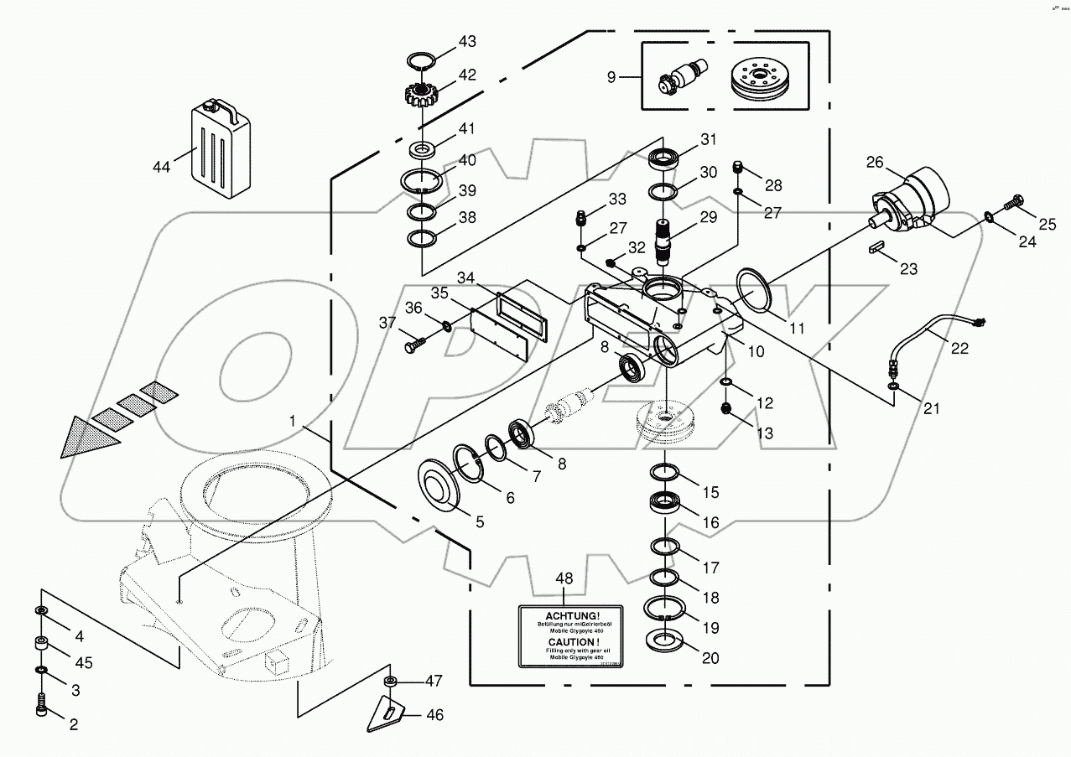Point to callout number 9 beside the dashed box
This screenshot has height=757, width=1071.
tap(611, 77)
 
